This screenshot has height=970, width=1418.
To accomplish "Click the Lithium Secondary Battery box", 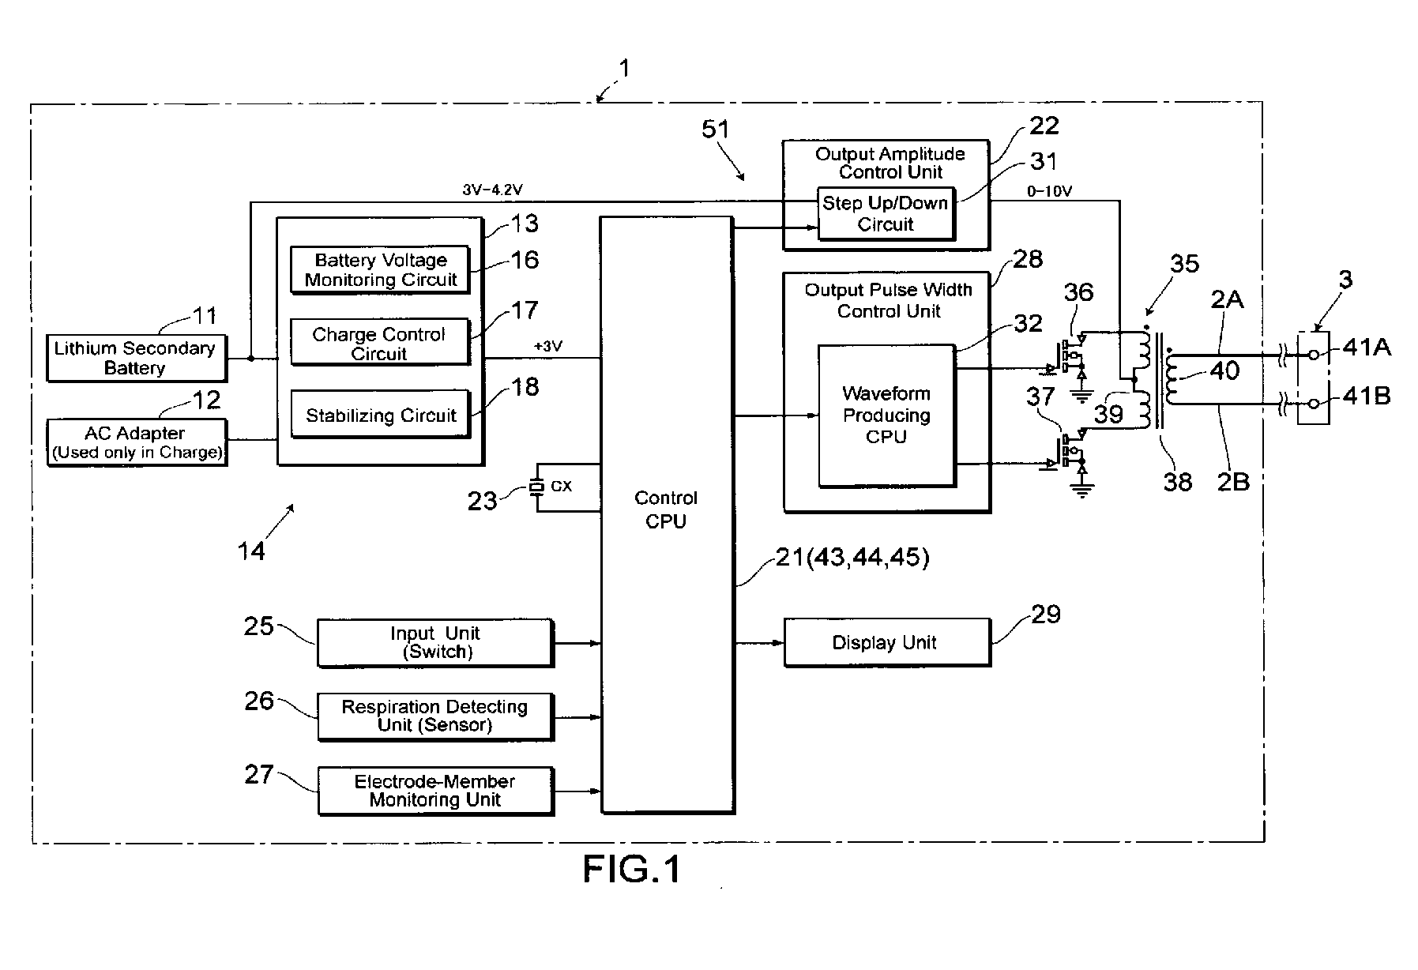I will pos(136,358).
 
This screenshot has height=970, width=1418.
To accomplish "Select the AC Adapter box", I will pos(137,442).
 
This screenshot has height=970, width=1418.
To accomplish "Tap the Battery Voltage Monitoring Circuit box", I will pos(380,270).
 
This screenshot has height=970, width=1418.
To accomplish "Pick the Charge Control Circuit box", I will pos(379,343).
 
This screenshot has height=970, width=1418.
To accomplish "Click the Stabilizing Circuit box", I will pos(380,415).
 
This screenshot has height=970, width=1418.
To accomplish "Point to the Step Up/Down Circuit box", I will pos(886,213).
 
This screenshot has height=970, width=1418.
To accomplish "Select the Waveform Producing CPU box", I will pos(886,415).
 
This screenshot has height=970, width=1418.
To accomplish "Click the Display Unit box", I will pos(886,642).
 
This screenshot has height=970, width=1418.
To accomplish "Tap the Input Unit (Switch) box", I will pos(435,642).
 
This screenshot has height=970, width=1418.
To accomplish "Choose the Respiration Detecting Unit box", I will pos(435,716).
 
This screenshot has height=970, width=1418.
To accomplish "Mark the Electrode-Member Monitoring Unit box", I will pos(435,790).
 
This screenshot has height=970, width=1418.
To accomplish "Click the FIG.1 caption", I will pos(632,870).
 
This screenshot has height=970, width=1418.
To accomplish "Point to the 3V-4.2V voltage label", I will pos(492,190).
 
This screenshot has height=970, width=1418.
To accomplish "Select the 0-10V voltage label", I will pos(1050,190).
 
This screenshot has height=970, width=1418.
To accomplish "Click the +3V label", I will pos(549,346).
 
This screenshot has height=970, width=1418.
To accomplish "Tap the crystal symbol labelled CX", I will pos(537,487).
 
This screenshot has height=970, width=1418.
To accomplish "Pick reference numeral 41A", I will pos(1367,347).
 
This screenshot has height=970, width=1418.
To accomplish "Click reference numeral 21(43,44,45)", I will pos(852,558).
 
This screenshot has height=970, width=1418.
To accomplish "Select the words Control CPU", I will pos(666,509).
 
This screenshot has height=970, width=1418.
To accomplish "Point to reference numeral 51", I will pos(716,130).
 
